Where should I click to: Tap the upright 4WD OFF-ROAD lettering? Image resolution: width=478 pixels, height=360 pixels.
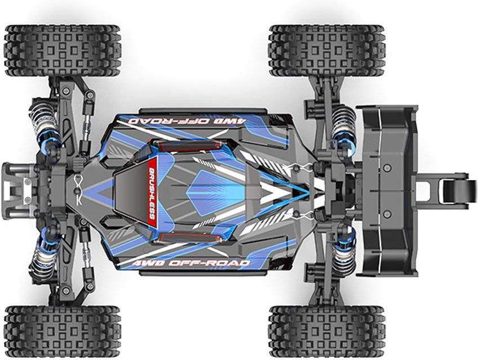pyautogui.click(x=189, y=264)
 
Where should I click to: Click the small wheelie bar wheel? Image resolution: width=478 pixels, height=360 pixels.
pyautogui.click(x=457, y=192)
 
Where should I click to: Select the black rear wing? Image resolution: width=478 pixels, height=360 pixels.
pyautogui.click(x=387, y=191)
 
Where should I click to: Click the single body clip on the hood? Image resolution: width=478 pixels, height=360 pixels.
pyautogui.click(x=78, y=190)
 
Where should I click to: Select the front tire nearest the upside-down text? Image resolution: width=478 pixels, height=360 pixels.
pyautogui.click(x=63, y=51)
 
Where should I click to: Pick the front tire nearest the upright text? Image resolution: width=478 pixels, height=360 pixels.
pyautogui.click(x=63, y=331)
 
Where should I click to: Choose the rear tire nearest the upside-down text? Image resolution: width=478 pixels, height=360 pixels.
pyautogui.click(x=327, y=51)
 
